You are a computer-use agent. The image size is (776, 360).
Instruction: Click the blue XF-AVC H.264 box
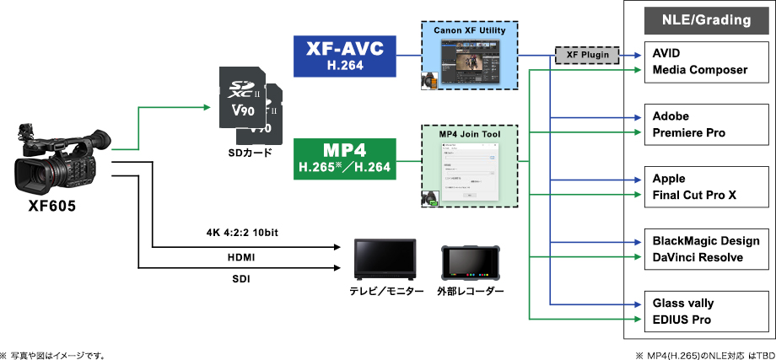(x=344, y=56)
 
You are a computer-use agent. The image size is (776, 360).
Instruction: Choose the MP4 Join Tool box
(x=469, y=167)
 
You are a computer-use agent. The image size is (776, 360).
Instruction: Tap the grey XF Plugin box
(x=585, y=56)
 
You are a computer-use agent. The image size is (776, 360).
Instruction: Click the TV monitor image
(x=385, y=260)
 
